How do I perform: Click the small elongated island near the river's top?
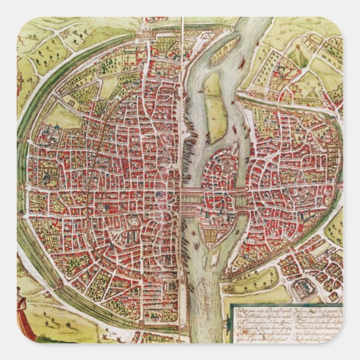[224, 50]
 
